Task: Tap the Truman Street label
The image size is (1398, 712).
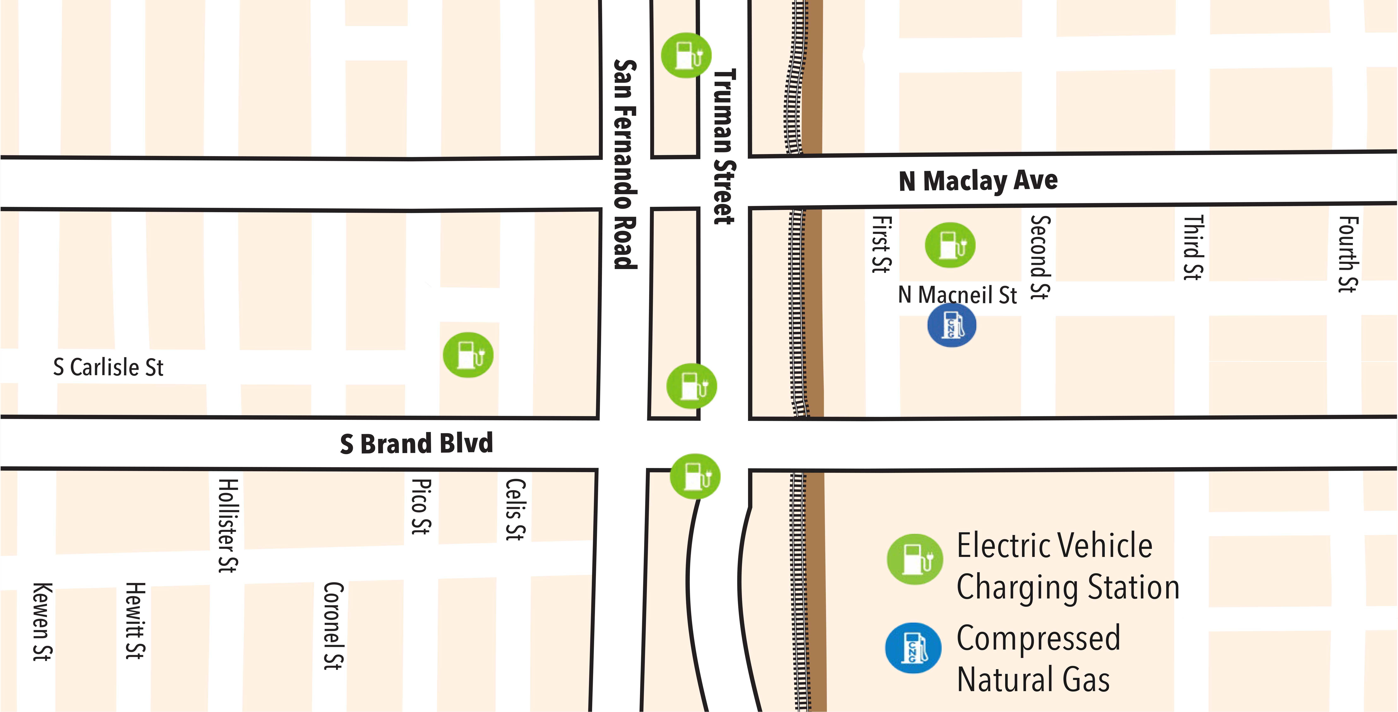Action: [724, 146]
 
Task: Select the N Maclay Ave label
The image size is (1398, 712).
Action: [978, 181]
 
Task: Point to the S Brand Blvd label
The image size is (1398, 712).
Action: [416, 444]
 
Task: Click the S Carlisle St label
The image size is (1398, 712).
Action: [108, 367]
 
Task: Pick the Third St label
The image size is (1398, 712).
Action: [1193, 247]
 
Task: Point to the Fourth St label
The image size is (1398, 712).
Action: [1348, 254]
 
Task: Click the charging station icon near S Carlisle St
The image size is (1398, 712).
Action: [468, 355]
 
